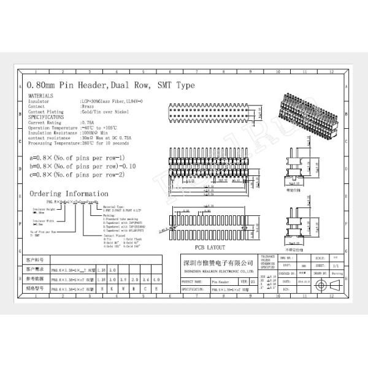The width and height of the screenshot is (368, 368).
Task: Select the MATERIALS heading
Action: (40, 96)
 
